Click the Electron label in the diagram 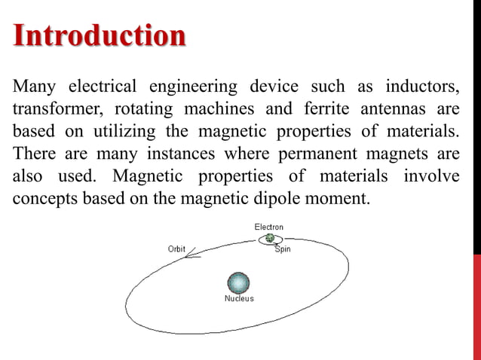(269, 227)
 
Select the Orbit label (176, 249)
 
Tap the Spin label (283, 249)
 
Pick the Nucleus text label (240, 299)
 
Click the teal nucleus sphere (238, 282)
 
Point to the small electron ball (269, 239)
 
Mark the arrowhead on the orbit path (191, 252)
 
